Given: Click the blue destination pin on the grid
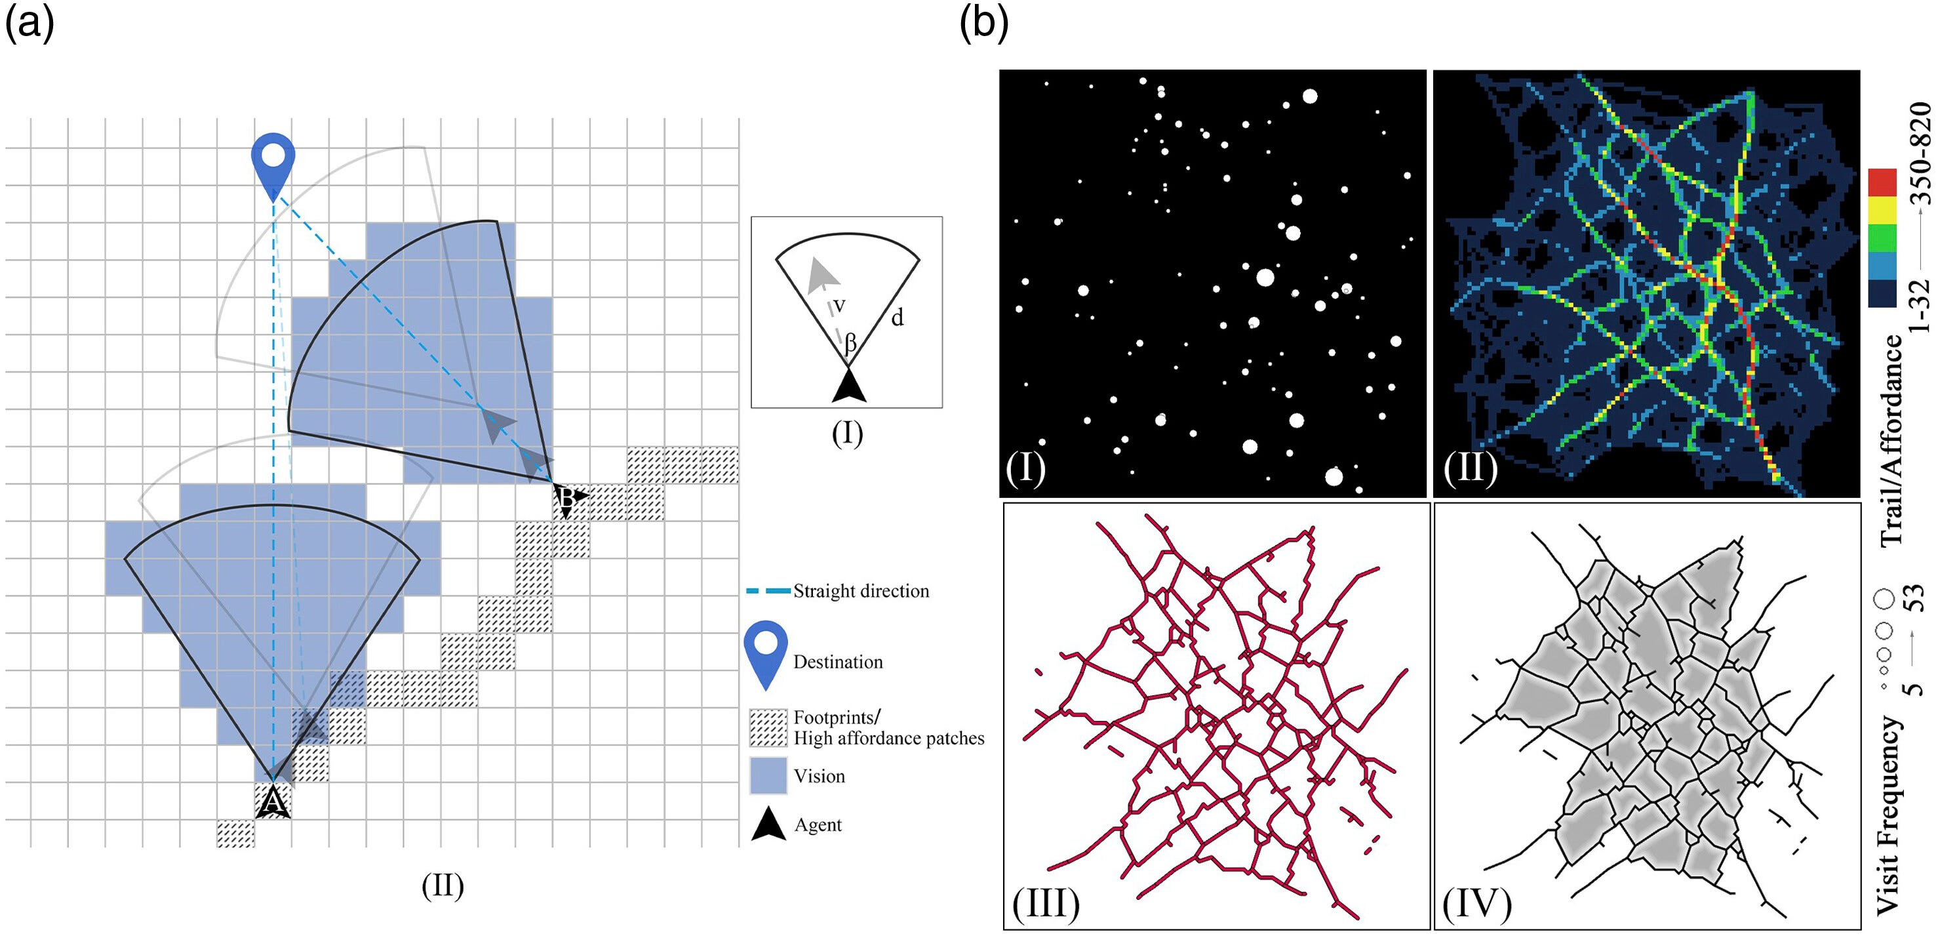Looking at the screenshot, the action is [x=272, y=165].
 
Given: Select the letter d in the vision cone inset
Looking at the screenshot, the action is [x=897, y=317].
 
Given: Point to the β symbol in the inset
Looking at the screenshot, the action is [x=850, y=344].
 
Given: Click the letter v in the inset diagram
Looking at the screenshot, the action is [x=840, y=306].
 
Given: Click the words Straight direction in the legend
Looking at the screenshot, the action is [x=861, y=592].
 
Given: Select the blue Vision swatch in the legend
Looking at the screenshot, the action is [x=768, y=776].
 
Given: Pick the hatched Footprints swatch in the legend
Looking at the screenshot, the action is [x=768, y=727].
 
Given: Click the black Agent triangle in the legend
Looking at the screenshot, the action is [x=769, y=824].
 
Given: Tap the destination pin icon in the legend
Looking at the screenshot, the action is [x=765, y=655].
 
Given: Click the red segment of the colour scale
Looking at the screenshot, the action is [x=1882, y=183].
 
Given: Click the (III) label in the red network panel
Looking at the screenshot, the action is [x=1046, y=904].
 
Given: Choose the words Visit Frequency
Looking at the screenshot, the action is [x=1889, y=815].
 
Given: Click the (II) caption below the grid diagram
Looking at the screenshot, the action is [x=443, y=885].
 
